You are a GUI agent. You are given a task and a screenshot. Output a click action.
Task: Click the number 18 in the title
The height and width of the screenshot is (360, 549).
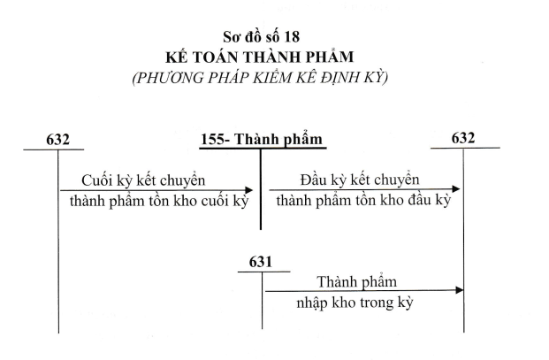(x=292, y=37)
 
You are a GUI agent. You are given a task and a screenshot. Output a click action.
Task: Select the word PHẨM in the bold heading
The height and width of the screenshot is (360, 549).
(x=332, y=57)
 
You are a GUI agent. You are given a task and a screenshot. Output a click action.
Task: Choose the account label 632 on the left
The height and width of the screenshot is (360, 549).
(x=58, y=140)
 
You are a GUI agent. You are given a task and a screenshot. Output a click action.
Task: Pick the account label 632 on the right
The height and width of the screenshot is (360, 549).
(x=463, y=138)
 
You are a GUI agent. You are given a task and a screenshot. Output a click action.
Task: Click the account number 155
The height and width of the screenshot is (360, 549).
(x=212, y=140)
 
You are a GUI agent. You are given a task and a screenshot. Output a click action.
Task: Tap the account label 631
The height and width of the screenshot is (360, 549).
(x=261, y=262)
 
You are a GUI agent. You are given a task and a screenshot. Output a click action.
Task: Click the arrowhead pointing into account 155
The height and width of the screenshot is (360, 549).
(x=249, y=190)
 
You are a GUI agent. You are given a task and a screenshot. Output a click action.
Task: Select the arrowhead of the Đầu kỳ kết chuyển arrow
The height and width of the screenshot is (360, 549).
(x=456, y=189)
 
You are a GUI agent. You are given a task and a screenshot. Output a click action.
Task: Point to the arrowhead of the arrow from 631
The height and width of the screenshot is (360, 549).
(x=459, y=290)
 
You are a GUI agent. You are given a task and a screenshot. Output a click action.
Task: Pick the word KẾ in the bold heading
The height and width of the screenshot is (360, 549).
(x=175, y=57)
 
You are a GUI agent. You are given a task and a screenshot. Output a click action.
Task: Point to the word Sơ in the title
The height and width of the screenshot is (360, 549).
(x=231, y=37)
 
